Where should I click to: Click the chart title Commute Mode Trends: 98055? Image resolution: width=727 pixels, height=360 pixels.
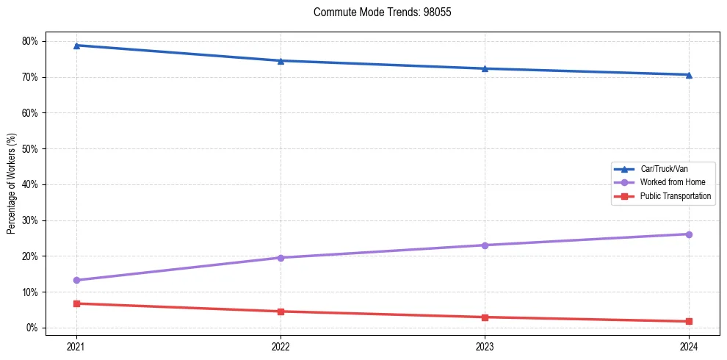(377, 12)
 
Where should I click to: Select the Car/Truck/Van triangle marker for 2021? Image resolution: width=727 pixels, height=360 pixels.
(76, 46)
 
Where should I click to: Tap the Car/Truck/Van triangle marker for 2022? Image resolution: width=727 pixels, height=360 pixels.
(281, 61)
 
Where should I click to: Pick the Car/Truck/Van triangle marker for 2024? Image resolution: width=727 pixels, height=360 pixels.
(689, 75)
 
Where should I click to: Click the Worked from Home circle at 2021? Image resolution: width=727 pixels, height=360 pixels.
(76, 280)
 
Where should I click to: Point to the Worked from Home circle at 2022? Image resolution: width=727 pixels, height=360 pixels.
(281, 258)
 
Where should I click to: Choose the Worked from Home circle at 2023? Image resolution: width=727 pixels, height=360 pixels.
(485, 245)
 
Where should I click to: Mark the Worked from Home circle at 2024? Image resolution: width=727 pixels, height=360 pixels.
(689, 234)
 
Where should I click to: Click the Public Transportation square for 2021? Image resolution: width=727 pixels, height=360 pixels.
(76, 303)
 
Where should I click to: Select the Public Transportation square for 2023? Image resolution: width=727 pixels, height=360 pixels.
(485, 317)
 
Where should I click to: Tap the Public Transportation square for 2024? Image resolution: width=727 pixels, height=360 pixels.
(689, 322)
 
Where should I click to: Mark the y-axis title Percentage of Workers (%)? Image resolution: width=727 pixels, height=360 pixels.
(12, 184)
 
